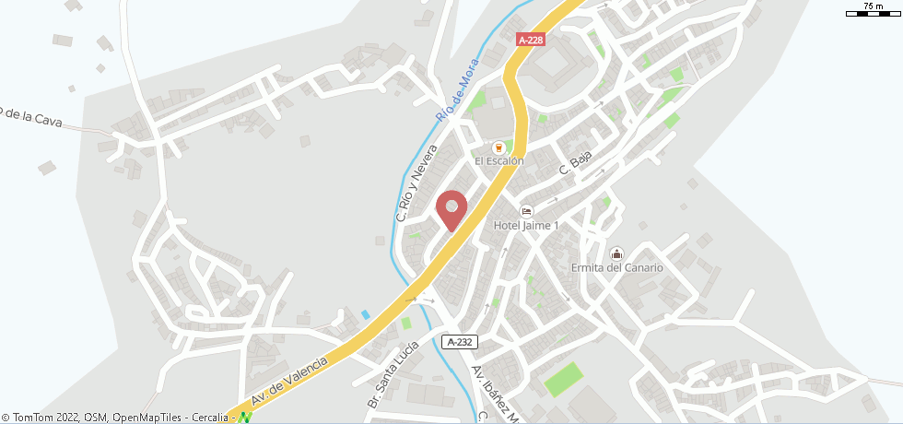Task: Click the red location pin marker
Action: coord(451,209)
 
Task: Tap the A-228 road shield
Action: coord(529,40)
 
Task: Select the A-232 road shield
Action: coord(459,342)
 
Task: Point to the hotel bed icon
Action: coord(526,210)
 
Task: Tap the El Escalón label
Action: coord(498,160)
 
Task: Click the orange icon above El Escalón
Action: coord(498,147)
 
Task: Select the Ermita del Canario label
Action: coord(616,267)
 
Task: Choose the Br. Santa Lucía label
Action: coord(393,375)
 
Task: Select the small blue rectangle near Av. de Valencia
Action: coord(366,314)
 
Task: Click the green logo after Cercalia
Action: coord(245,418)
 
